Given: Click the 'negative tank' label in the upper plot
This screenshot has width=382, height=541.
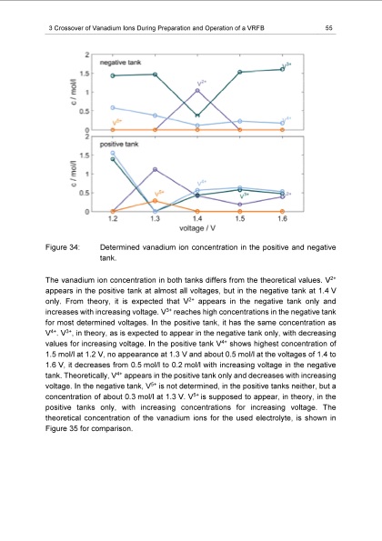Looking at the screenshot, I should click(x=132, y=61).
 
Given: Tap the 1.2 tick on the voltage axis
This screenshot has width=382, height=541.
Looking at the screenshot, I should click(x=112, y=219).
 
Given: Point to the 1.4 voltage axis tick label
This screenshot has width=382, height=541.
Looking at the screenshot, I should click(x=197, y=219).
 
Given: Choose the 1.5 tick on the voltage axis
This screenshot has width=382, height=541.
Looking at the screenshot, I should click(x=240, y=219).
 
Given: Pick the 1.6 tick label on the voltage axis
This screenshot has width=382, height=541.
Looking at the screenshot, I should click(x=283, y=219).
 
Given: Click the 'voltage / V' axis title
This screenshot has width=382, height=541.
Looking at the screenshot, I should click(x=196, y=228).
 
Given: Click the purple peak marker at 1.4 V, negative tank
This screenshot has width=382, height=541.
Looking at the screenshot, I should click(x=197, y=91).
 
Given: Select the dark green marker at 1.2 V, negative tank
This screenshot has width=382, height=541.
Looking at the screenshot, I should click(x=112, y=75).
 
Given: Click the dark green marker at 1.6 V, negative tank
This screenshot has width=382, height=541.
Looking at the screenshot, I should click(x=283, y=69).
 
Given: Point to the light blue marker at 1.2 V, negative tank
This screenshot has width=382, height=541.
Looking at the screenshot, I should click(x=112, y=107).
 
